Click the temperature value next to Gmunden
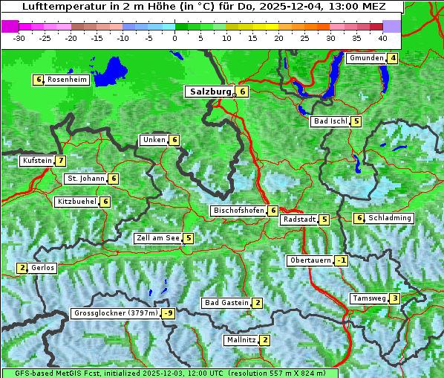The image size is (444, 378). pyautogui.click(x=393, y=58)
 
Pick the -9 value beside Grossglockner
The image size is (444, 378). pyautogui.click(x=169, y=313)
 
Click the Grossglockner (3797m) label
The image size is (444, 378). pyautogui.click(x=116, y=313)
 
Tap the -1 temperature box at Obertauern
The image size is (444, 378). pyautogui.click(x=341, y=260)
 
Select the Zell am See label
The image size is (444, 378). pyautogui.click(x=157, y=238)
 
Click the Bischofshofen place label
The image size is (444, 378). pyautogui.click(x=238, y=211)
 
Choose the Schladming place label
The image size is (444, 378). pyautogui.click(x=390, y=218)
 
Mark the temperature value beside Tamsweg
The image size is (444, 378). pyautogui.click(x=395, y=298)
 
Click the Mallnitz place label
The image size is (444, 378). pyautogui.click(x=241, y=340)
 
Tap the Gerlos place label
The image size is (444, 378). pyautogui.click(x=43, y=268)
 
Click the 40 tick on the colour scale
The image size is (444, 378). pyautogui.click(x=382, y=37)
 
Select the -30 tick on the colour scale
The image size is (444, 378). pyautogui.click(x=20, y=37)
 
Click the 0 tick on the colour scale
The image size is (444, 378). pyautogui.click(x=175, y=37)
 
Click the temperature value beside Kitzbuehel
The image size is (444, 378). pyautogui.click(x=105, y=202)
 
